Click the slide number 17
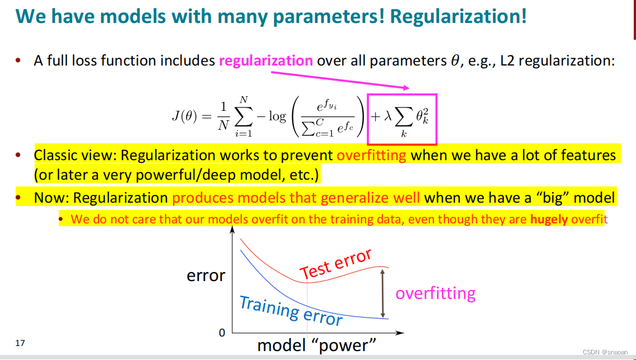coord(20,343)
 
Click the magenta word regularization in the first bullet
coord(265,60)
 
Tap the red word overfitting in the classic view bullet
coord(372,155)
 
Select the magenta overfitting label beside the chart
coord(435,293)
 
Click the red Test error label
coord(335,264)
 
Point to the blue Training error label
coord(290,310)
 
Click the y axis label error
coord(206,275)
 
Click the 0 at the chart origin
coord(222,333)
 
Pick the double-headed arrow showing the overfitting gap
coord(383,293)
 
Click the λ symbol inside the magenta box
coord(387,117)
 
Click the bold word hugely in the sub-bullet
coord(549,219)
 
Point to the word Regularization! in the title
coord(458,16)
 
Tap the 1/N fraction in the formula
coord(222,116)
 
